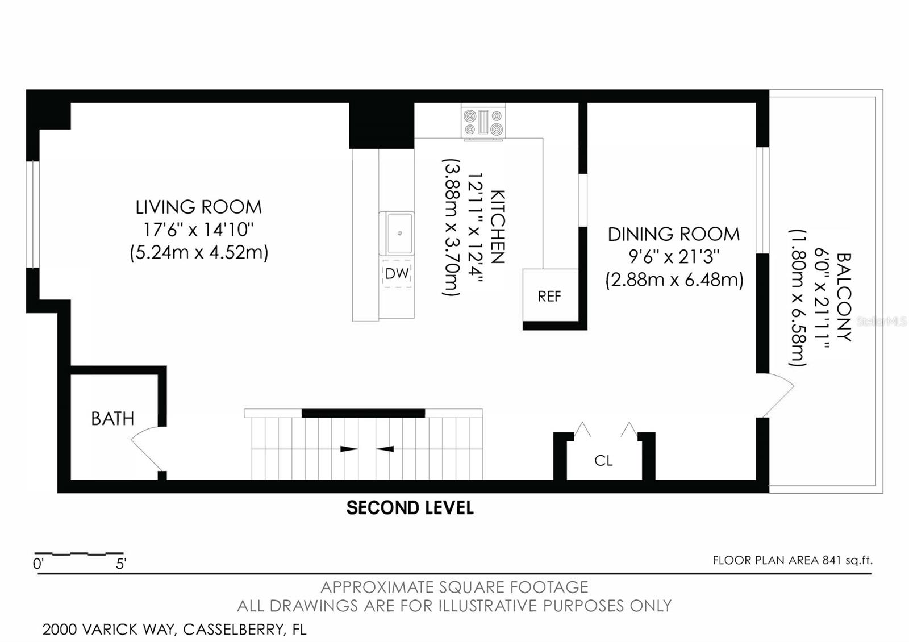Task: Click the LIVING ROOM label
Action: click(198, 207)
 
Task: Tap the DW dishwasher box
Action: click(397, 273)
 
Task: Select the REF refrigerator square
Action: click(550, 295)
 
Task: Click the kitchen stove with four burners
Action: click(483, 123)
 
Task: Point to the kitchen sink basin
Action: click(400, 234)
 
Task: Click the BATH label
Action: click(112, 418)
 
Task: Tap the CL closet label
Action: click(603, 461)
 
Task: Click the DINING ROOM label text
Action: click(674, 235)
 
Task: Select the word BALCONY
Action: click(844, 297)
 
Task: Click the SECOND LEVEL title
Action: click(410, 508)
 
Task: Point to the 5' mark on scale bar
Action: click(121, 564)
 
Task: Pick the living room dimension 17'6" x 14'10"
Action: click(198, 230)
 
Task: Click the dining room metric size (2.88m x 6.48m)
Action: click(674, 280)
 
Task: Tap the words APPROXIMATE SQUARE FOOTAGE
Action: click(454, 587)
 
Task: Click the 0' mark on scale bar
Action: click(37, 564)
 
